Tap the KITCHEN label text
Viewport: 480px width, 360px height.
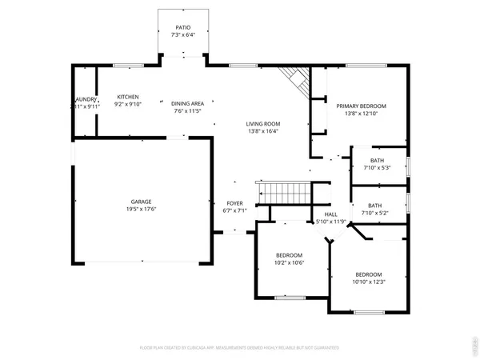pos(128,95)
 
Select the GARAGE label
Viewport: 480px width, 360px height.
pos(142,202)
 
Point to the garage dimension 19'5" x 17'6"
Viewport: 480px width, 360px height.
pos(142,210)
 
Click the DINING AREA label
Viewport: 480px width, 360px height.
pos(188,102)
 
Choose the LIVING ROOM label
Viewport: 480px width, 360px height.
pos(262,123)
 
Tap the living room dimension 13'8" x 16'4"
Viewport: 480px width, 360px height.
pos(262,131)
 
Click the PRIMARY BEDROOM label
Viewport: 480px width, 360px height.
pos(361,106)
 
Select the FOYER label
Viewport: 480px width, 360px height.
pos(235,204)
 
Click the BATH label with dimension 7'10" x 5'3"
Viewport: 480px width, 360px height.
pos(377,161)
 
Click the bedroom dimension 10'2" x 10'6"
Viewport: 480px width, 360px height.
pos(289,262)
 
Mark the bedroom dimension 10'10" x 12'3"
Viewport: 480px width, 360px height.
pos(370,281)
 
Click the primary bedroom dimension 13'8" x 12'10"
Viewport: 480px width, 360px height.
pos(361,114)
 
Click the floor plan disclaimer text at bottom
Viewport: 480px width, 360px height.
pos(239,348)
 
